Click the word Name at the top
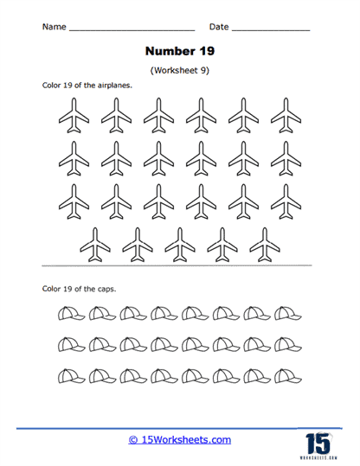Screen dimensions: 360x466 coord(54,28)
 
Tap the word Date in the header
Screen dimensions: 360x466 coord(218,28)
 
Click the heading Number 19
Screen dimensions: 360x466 coord(179,50)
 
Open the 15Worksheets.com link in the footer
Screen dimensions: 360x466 coord(179,440)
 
